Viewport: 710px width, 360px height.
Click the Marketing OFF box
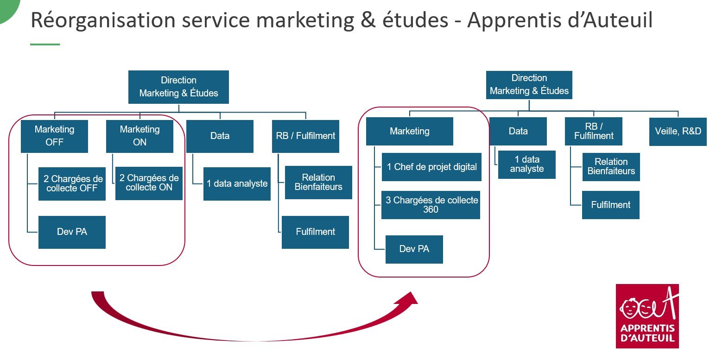coord(54,136)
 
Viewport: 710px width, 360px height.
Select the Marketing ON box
coord(139,136)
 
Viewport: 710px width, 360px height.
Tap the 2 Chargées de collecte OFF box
coord(72,183)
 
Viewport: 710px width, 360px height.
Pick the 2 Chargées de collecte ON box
coord(149,183)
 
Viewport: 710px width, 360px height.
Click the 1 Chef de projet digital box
coord(431,167)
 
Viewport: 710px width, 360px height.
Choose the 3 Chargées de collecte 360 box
coord(431,205)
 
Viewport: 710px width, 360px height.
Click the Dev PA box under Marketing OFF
coord(72,232)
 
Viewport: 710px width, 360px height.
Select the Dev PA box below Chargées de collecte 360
coord(414,249)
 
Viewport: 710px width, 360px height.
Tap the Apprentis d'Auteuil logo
coord(647,316)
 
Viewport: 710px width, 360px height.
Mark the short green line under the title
coord(45,44)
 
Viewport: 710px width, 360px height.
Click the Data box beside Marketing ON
coord(220,136)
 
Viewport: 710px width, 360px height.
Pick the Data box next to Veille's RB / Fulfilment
coord(518,132)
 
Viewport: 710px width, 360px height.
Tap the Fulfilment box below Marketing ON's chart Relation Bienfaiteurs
coord(315,232)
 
